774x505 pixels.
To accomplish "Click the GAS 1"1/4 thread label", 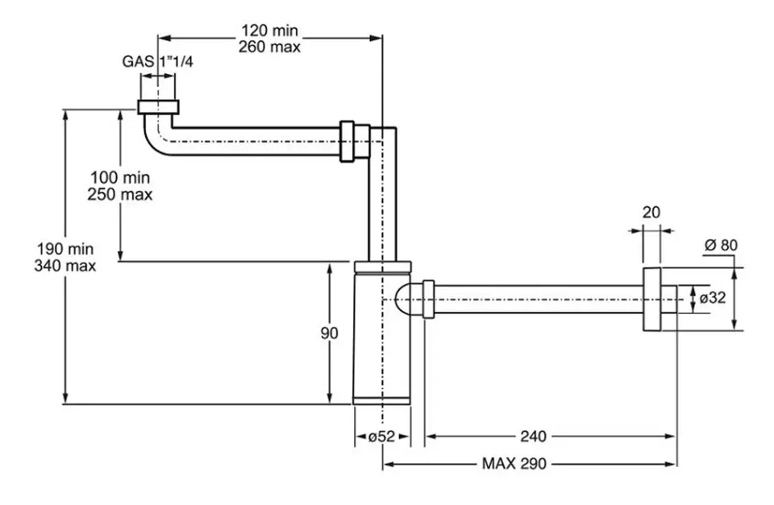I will [157, 60].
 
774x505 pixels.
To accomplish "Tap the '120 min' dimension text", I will [269, 31].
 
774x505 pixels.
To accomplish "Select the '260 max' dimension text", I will [269, 47].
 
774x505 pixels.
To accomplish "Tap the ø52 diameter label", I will [381, 437].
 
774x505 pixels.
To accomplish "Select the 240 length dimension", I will [532, 437].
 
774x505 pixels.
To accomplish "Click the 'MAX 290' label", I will [514, 464].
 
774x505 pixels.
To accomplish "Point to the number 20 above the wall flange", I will [651, 212].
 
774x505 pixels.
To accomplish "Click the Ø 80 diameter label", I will [721, 245].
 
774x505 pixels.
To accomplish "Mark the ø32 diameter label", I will [713, 297].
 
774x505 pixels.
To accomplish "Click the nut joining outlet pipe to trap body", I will [428, 299].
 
